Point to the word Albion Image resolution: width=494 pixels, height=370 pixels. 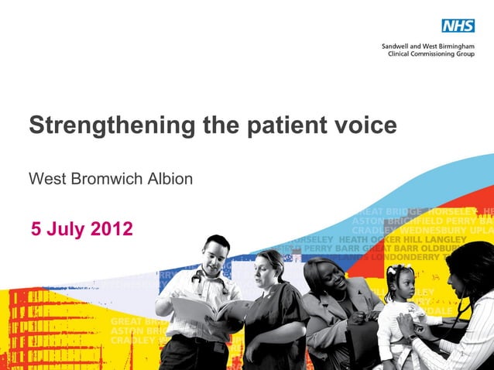point(170,180)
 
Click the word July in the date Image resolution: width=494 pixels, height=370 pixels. point(66,229)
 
